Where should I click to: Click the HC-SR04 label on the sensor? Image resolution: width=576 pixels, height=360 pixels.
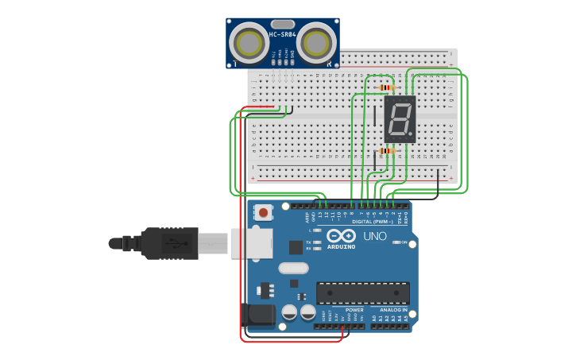(x=282, y=34)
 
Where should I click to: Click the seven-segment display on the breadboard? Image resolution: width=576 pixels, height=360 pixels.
(x=400, y=119)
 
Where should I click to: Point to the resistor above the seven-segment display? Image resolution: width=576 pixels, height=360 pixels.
(x=387, y=87)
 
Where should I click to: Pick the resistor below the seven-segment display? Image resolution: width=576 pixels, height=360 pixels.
(x=387, y=150)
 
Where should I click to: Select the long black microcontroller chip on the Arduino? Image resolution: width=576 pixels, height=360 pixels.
(x=362, y=292)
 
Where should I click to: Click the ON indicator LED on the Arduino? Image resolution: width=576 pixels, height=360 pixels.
(x=395, y=242)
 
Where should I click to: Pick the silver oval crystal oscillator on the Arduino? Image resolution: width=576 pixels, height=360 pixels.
(x=292, y=268)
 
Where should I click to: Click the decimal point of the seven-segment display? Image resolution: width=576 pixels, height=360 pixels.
(x=411, y=134)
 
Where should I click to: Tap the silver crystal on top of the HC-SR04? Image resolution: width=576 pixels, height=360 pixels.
(x=282, y=24)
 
